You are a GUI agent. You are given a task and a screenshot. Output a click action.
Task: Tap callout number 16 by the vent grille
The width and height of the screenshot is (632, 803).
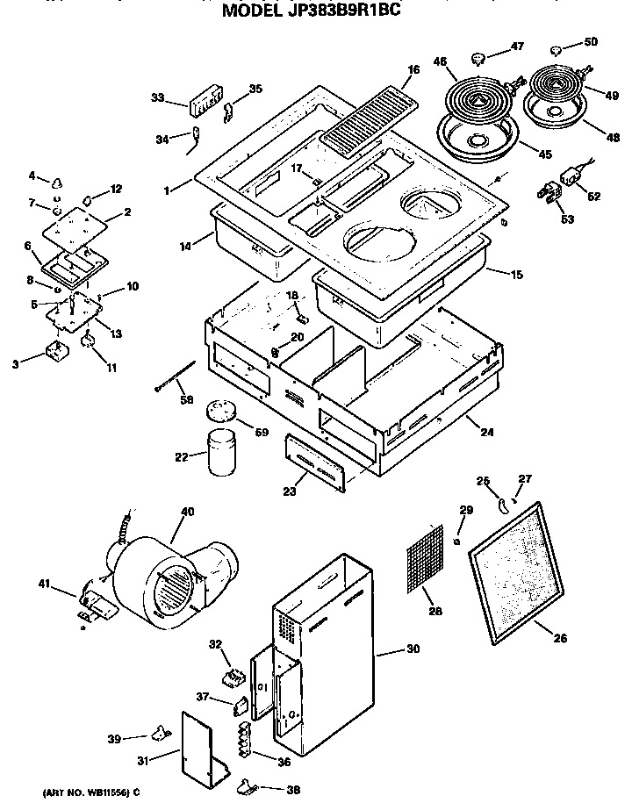(x=413, y=69)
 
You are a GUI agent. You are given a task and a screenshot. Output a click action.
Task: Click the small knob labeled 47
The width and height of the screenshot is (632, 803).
(x=478, y=59)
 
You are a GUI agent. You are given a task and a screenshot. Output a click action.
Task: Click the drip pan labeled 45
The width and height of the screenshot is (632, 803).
(x=478, y=140)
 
